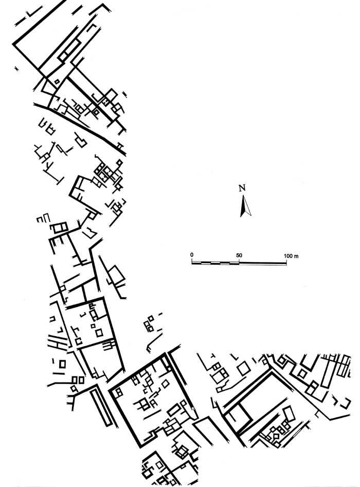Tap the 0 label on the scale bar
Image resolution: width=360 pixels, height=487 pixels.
[192, 255]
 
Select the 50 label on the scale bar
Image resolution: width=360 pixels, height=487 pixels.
[239, 255]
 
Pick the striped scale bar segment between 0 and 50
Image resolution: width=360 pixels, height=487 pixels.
[215, 263]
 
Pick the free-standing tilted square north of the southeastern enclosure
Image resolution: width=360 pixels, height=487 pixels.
[243, 369]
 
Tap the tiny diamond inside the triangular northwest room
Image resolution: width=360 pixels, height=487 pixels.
[56, 81]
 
